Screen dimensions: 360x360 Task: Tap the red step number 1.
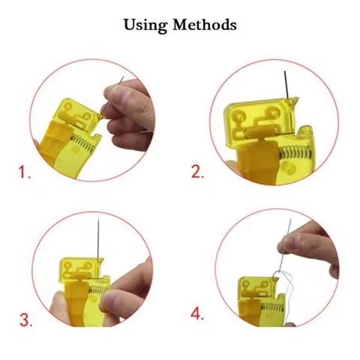click(x=24, y=173)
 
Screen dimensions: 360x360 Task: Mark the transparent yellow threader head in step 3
click(x=81, y=268)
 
